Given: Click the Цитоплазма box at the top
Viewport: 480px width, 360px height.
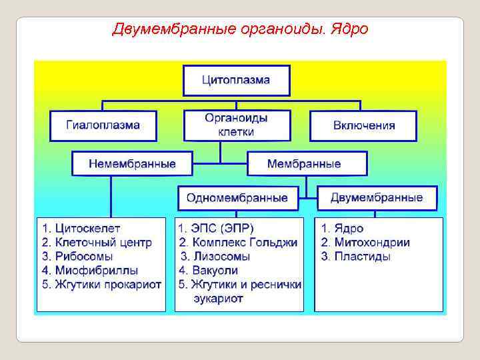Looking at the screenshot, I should [236, 81].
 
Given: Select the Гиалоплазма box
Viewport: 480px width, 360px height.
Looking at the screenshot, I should [103, 125].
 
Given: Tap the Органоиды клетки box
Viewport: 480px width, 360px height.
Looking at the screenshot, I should [237, 125].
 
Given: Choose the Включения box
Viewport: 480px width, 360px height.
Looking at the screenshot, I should [363, 125].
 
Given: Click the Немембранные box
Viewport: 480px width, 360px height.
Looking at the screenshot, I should [132, 163].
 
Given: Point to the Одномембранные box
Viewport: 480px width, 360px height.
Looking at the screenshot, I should [237, 198].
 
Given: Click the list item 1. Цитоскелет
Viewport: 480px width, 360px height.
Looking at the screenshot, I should [83, 229].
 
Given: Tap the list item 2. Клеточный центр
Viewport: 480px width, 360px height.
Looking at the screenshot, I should [96, 243].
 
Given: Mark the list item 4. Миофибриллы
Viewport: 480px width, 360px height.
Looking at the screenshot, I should [89, 271].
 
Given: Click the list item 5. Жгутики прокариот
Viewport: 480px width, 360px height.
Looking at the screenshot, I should [101, 285].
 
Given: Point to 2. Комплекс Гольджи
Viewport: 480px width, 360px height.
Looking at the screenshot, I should [238, 243].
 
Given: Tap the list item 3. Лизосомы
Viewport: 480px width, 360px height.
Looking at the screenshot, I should [215, 257].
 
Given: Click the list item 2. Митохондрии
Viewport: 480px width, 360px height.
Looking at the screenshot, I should [365, 243].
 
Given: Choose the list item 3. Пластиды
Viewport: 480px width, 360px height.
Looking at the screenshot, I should [355, 257].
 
